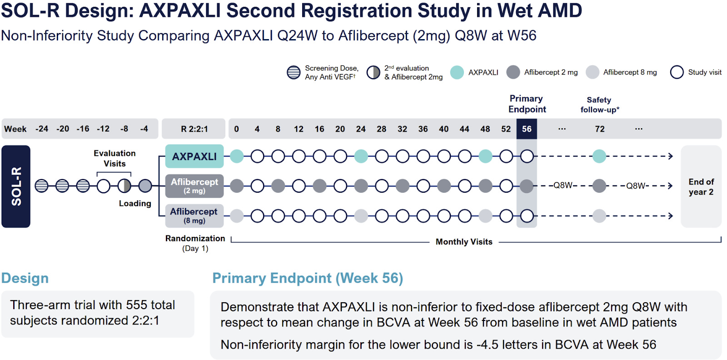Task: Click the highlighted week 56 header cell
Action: coord(527,129)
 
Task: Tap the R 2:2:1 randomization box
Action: coord(194,129)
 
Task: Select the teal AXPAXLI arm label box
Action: coord(194,156)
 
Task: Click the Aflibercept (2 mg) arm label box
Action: coord(194,186)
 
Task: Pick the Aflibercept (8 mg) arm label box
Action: coord(194,215)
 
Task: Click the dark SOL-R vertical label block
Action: coord(16,186)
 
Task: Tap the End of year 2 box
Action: coord(701,186)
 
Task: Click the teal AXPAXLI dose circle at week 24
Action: coord(361,156)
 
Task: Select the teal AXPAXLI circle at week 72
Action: coord(599,156)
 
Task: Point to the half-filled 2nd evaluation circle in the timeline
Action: coord(124,186)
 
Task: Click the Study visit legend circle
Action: coord(677,72)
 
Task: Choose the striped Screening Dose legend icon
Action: coord(294,72)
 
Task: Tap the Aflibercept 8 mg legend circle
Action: coord(593,72)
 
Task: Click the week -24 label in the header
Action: coord(42,129)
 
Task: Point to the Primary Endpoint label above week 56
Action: coord(527,104)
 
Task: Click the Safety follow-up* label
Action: coord(599,105)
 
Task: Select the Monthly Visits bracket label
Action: coord(464,242)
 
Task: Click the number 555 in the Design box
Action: coord(136,305)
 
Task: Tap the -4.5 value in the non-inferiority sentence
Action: coord(486,345)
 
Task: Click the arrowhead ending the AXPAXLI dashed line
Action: coord(670,156)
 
